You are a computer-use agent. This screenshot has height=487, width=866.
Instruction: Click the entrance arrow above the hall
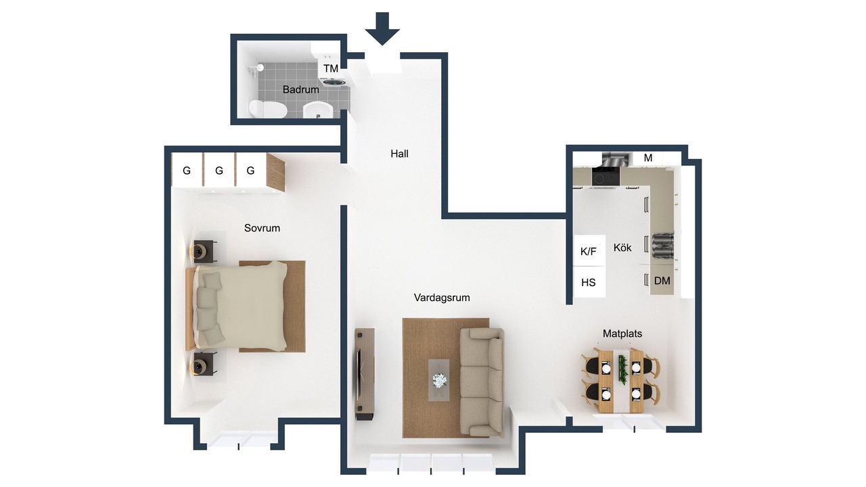pyautogui.click(x=382, y=28)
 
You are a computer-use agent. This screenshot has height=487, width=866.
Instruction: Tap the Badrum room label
pyautogui.click(x=301, y=90)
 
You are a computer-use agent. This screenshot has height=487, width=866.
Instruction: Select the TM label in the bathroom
pyautogui.click(x=331, y=69)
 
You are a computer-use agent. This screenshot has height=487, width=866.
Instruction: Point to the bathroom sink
pyautogui.click(x=318, y=110)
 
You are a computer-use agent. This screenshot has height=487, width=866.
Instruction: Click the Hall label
pyautogui.click(x=399, y=154)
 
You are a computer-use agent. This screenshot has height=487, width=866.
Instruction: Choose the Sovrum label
pyautogui.click(x=262, y=228)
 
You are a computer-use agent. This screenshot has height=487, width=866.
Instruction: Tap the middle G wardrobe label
pyautogui.click(x=219, y=170)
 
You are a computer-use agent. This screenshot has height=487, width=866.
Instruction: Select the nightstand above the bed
pyautogui.click(x=204, y=252)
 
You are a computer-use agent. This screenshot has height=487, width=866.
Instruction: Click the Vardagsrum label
pyautogui.click(x=442, y=298)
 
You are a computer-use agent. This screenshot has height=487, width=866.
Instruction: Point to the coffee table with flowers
pyautogui.click(x=439, y=380)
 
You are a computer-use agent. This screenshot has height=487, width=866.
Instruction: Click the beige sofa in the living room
pyautogui.click(x=482, y=382)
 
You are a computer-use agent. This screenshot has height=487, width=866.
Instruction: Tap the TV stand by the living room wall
pyautogui.click(x=365, y=374)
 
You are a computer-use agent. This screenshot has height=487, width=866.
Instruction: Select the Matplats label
pyautogui.click(x=622, y=333)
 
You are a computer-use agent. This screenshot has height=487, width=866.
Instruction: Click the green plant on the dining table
pyautogui.click(x=622, y=369)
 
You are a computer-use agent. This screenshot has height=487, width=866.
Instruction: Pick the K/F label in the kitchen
pyautogui.click(x=589, y=252)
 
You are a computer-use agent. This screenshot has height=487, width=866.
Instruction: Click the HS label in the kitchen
pyautogui.click(x=589, y=283)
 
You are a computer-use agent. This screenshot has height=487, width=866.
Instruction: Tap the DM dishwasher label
pyautogui.click(x=662, y=281)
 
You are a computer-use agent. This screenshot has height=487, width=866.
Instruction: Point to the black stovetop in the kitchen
pyautogui.click(x=606, y=177)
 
